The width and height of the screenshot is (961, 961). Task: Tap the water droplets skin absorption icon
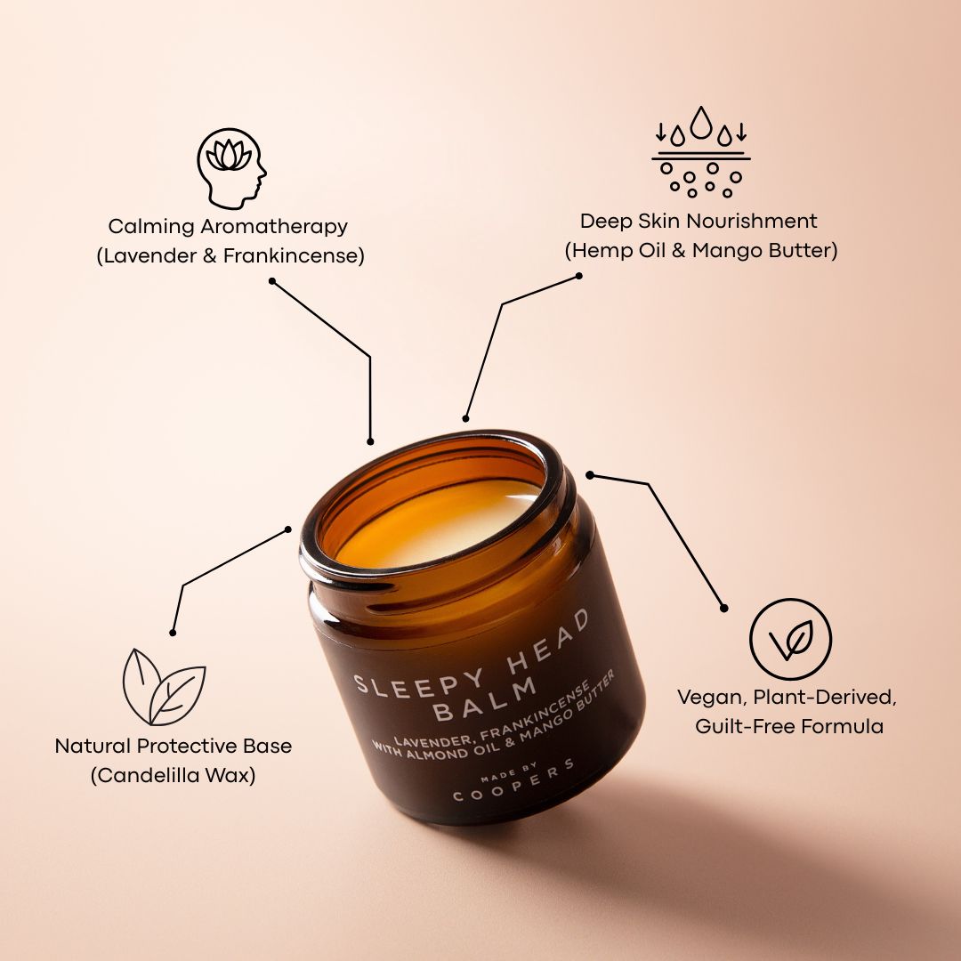701,152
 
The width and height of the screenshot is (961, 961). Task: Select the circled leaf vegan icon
789,639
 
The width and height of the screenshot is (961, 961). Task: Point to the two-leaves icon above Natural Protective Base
164,686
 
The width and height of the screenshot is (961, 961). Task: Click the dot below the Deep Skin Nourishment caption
579,276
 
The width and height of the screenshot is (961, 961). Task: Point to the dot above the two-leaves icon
173,633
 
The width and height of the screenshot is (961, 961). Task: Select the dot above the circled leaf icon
723,609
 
